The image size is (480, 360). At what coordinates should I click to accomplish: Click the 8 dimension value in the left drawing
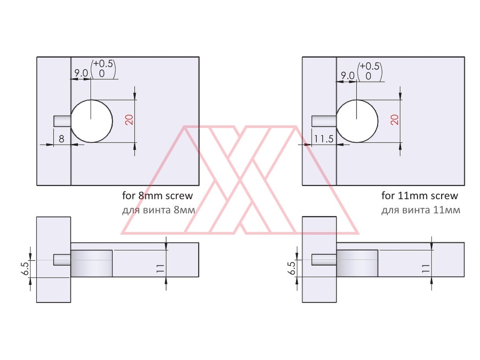click(x=61, y=139)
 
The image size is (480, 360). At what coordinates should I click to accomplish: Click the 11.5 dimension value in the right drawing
click(x=324, y=139)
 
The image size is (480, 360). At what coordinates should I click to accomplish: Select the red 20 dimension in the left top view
click(x=130, y=119)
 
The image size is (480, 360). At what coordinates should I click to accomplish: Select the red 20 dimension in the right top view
click(x=395, y=119)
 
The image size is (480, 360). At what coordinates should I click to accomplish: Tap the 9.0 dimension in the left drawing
click(x=81, y=73)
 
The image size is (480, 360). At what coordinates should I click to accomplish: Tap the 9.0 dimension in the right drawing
click(x=347, y=75)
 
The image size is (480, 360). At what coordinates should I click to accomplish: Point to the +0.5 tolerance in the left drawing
click(x=103, y=63)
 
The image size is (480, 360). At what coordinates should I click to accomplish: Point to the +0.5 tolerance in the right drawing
click(x=370, y=66)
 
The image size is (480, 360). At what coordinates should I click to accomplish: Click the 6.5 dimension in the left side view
click(x=26, y=268)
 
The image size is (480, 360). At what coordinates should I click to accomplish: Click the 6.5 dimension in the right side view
click(x=292, y=268)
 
